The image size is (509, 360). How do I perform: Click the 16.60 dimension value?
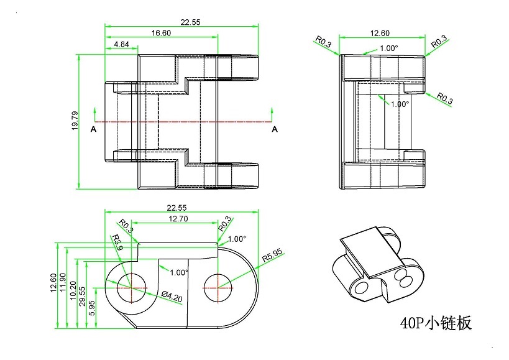(161, 33)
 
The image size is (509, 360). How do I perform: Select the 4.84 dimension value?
(122, 44)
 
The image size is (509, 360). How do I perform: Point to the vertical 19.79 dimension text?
(75, 121)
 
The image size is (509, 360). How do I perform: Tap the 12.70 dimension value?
(178, 219)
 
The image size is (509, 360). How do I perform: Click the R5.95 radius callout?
(272, 256)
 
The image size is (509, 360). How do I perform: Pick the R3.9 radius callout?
(117, 242)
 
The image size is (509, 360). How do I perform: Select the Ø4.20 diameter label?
(172, 296)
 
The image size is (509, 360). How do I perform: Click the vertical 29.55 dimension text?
(83, 296)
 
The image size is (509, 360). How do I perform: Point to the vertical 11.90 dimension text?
(62, 282)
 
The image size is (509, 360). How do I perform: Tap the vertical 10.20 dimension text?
(73, 290)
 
